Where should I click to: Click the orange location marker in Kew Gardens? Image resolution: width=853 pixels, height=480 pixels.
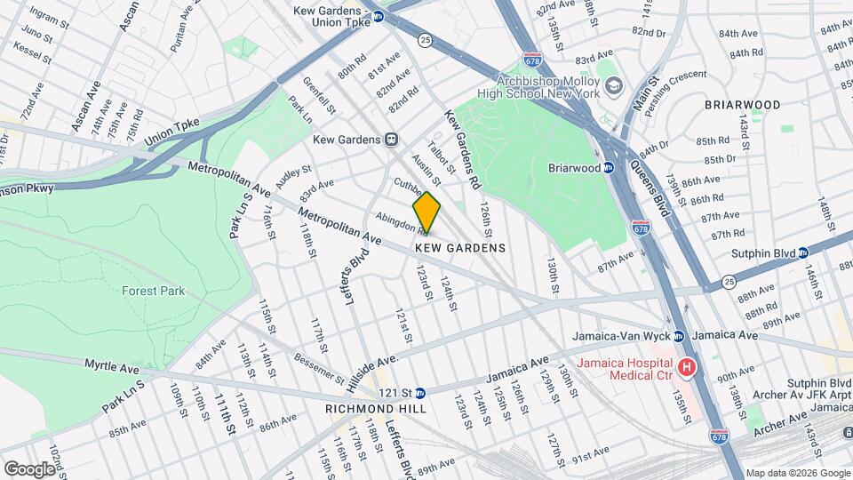point(426,212)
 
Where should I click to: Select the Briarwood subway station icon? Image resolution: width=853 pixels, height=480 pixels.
point(609,167)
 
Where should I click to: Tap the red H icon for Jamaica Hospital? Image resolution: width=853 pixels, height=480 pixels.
point(686,367)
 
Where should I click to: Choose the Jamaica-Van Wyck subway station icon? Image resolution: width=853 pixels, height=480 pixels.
point(678,336)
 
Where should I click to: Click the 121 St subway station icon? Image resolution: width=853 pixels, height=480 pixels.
point(420,392)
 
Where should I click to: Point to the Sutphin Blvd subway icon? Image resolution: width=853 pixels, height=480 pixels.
point(802,252)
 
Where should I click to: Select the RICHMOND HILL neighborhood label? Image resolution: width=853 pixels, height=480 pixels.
point(376,408)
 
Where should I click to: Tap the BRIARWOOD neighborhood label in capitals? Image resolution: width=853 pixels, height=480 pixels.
point(742,105)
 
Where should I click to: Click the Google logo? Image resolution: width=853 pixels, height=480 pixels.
point(28,468)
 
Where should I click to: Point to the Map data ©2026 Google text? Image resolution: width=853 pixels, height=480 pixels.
point(798,473)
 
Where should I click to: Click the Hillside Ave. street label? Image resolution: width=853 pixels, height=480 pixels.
point(372,369)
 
